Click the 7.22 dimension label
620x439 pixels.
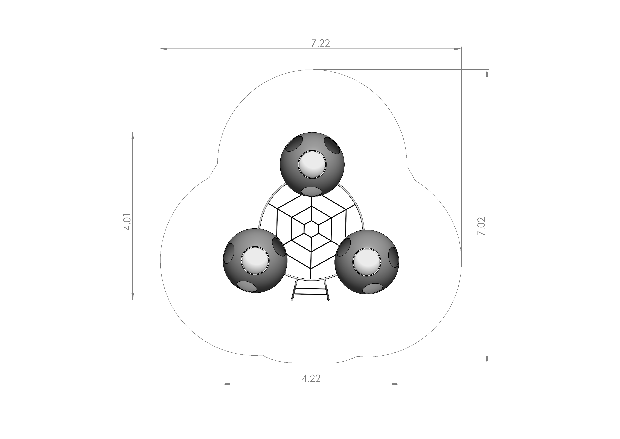(321, 43)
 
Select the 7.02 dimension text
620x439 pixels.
(481, 226)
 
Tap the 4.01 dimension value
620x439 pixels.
(127, 221)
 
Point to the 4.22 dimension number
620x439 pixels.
(311, 379)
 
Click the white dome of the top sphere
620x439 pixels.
(312, 165)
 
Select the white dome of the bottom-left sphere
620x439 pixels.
(255, 261)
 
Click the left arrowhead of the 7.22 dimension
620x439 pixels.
(164, 49)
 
